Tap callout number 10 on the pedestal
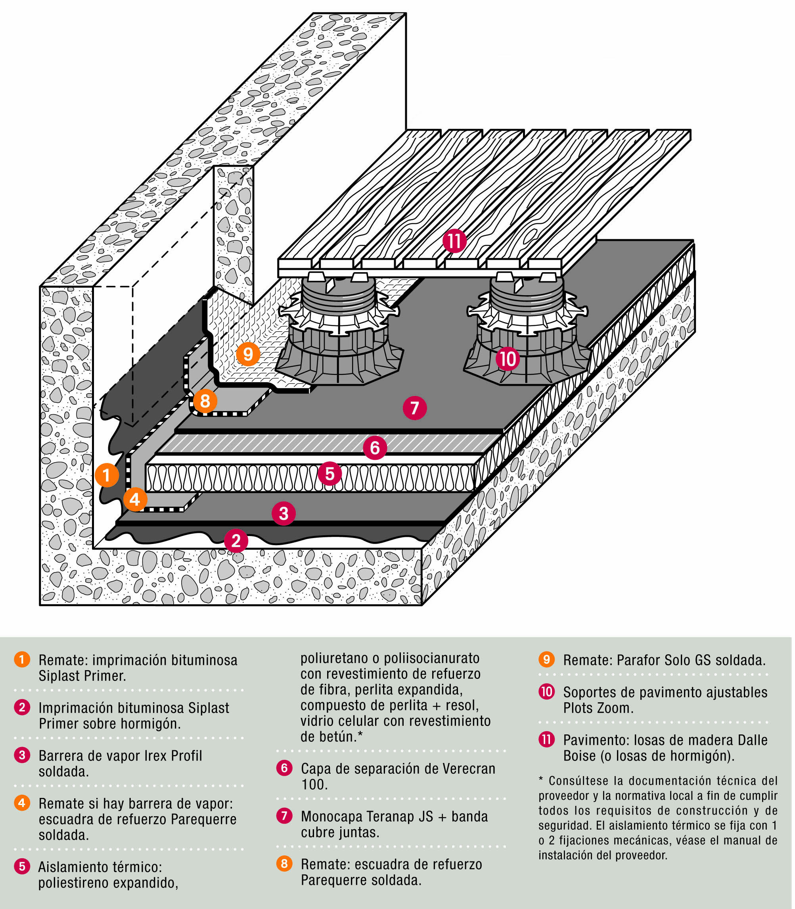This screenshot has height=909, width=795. (x=508, y=358)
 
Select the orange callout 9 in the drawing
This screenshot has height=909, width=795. (x=248, y=354)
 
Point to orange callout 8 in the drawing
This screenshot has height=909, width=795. (x=205, y=401)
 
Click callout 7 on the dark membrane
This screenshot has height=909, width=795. (x=415, y=407)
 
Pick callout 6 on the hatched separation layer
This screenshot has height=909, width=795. (x=375, y=448)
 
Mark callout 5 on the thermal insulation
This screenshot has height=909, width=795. (x=329, y=474)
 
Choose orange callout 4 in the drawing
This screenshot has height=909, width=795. (x=135, y=499)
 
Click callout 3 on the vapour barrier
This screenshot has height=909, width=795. (x=284, y=513)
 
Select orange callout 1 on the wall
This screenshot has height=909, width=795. (x=107, y=475)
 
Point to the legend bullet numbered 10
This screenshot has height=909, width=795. (x=546, y=692)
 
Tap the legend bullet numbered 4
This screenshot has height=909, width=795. (x=22, y=803)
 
